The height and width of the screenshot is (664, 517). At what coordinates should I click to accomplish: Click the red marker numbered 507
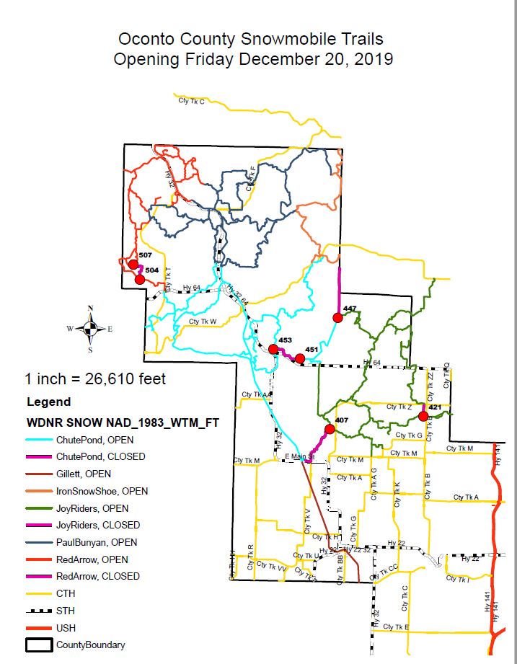point(133,265)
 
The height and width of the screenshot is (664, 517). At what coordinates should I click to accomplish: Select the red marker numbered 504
point(141,280)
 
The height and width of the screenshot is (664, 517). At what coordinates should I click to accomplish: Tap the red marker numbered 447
point(337,317)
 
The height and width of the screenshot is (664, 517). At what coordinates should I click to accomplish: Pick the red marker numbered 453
point(273,349)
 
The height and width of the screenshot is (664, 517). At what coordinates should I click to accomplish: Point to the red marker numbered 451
point(300,358)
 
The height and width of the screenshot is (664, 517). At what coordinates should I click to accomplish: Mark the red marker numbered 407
point(330,429)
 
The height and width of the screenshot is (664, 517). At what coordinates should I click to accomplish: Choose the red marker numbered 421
point(423,415)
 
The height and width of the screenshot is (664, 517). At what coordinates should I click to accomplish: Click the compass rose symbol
point(90,329)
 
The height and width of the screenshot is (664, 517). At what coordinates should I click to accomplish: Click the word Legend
point(48,402)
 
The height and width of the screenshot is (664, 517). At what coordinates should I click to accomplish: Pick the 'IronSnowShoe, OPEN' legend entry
point(102,491)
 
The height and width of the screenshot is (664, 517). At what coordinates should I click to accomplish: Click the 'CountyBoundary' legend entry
point(90,645)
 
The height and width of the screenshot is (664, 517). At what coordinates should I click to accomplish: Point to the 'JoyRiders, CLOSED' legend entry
point(97,525)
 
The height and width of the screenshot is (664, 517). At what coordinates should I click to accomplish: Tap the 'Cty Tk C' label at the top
point(191,101)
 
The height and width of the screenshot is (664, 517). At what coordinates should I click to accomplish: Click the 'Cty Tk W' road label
point(203,322)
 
